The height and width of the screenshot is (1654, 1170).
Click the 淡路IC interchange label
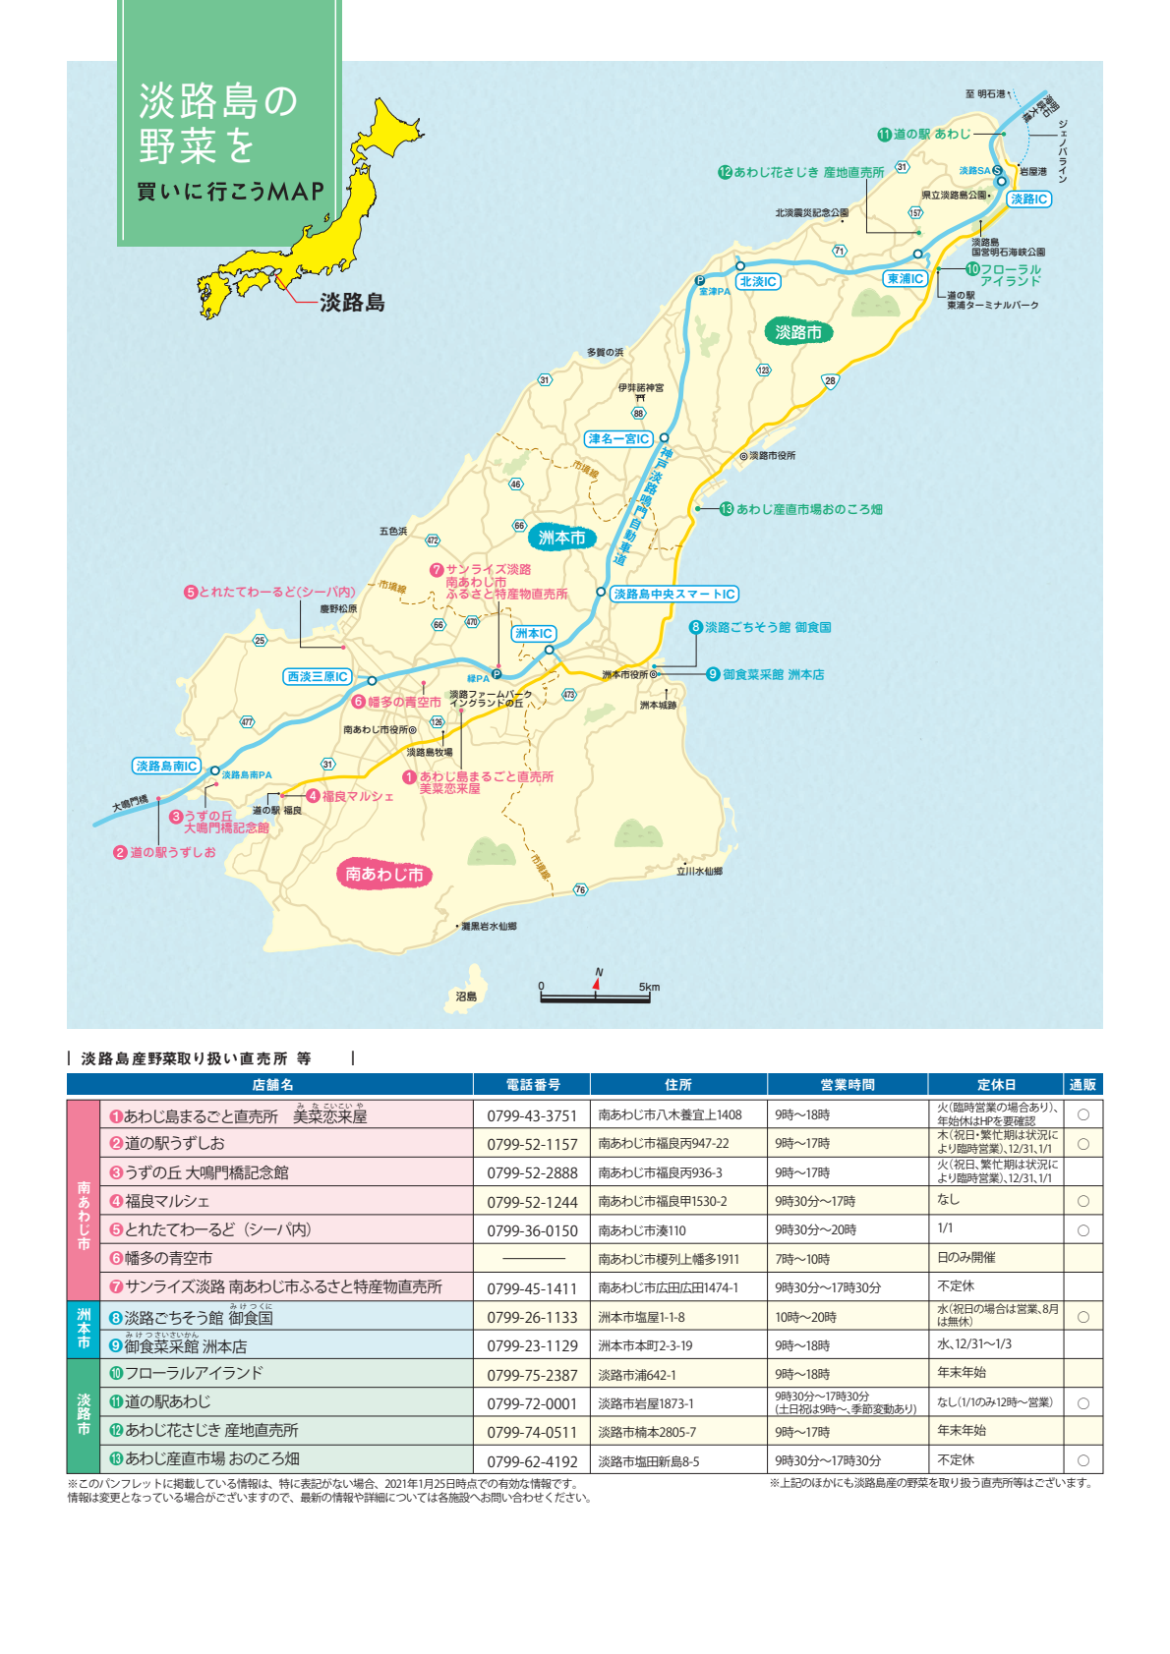click(1028, 199)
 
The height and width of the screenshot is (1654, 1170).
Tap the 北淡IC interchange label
click(758, 281)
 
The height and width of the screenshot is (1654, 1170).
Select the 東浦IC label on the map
click(905, 278)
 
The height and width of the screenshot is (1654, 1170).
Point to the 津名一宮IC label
click(618, 438)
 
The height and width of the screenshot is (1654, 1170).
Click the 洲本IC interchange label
click(534, 634)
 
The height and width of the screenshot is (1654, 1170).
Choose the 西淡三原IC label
click(318, 676)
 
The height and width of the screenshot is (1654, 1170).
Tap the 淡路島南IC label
click(166, 766)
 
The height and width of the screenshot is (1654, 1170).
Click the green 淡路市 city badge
click(797, 332)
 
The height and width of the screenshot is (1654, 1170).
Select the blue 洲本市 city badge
click(561, 538)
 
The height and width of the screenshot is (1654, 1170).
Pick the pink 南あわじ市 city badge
click(383, 874)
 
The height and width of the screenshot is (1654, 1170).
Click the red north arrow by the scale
click(596, 982)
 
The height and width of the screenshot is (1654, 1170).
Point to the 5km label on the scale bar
click(649, 987)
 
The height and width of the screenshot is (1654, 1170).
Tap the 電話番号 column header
click(533, 1084)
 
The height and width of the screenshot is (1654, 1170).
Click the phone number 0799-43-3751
click(532, 1115)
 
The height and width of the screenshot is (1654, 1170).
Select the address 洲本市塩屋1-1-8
click(641, 1317)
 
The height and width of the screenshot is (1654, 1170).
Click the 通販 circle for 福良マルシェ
click(1082, 1201)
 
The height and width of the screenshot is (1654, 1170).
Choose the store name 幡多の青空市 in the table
click(167, 1258)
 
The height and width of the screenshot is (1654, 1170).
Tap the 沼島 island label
click(466, 996)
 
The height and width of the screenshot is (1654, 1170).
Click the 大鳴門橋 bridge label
click(130, 804)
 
